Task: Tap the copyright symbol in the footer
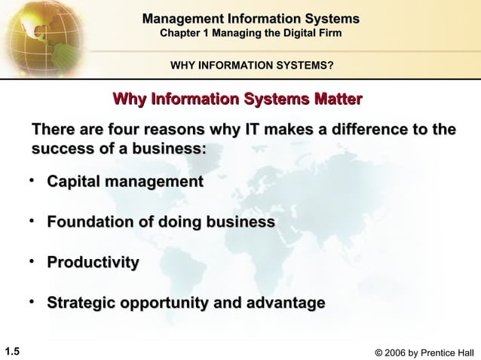click(x=366, y=350)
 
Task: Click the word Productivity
click(x=93, y=263)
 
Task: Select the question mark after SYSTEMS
click(x=332, y=66)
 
